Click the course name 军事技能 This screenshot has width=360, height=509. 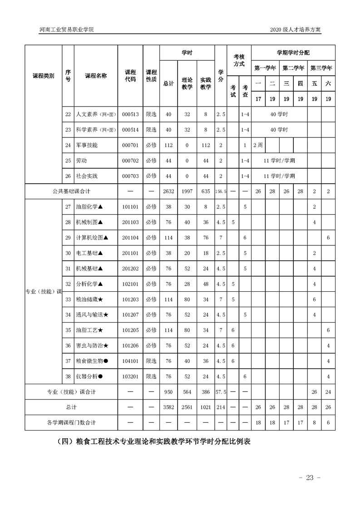tap(87, 145)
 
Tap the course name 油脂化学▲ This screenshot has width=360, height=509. tap(90, 207)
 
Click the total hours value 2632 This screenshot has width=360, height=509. tap(168, 191)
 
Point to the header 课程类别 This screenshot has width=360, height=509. tap(44, 76)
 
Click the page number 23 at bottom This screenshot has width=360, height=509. tap(310, 477)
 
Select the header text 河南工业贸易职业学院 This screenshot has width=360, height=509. tap(66, 30)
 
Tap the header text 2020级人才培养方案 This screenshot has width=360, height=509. tap(295, 30)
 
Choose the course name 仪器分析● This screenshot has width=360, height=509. tap(89, 376)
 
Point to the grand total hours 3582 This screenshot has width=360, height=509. tap(168, 407)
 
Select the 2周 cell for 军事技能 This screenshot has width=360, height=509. tap(258, 145)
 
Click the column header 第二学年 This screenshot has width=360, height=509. tap(293, 68)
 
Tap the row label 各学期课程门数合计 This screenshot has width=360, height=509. tap(71, 422)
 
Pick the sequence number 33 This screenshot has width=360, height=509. tap(68, 299)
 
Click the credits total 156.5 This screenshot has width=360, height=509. tap(220, 191)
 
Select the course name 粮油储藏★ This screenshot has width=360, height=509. tap(90, 299)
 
